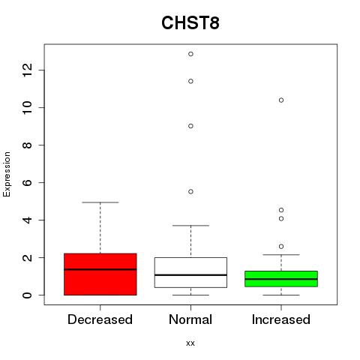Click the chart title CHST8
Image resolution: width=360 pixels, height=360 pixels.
(x=190, y=23)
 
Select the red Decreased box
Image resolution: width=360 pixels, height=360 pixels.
(x=100, y=274)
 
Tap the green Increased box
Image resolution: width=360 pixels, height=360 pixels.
(x=281, y=279)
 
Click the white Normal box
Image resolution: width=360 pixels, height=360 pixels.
(x=190, y=272)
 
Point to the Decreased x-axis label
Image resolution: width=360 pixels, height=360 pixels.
(x=100, y=319)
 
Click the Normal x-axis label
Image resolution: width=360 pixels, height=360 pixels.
(x=190, y=319)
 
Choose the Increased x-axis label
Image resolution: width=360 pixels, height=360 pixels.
(x=281, y=319)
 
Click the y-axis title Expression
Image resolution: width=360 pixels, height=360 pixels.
(x=7, y=174)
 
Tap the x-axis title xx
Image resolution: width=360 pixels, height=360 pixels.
(x=190, y=343)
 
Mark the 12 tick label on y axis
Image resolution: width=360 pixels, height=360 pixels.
(x=27, y=70)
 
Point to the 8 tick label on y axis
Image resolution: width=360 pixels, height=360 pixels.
(x=27, y=145)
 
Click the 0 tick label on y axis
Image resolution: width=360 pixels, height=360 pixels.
(x=27, y=295)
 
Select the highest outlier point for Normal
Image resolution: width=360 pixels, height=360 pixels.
(x=190, y=54)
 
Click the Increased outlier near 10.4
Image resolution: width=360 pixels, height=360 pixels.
(x=281, y=100)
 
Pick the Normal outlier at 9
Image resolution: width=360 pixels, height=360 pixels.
(x=190, y=126)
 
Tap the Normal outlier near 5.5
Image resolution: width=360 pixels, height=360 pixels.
(x=190, y=192)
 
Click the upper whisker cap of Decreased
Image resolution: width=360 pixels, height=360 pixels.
(x=100, y=202)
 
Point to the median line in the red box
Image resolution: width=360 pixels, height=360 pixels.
(x=100, y=269)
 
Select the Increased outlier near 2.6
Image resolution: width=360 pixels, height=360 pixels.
(x=281, y=247)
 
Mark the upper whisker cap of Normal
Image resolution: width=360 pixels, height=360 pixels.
(x=190, y=226)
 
